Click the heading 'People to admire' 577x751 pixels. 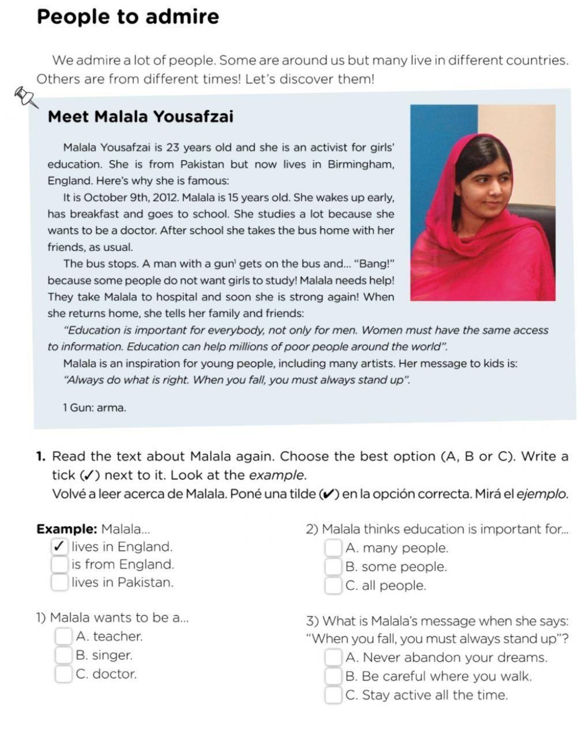[128, 16]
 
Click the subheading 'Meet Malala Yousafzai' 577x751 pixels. [140, 117]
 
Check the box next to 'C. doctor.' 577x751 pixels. [63, 674]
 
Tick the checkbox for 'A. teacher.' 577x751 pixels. [63, 636]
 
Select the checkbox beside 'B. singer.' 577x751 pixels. [63, 655]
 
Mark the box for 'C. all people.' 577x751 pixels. [333, 586]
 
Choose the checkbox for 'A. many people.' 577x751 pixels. [333, 548]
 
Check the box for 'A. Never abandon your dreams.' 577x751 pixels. [333, 658]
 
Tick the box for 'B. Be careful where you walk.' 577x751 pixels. [333, 676]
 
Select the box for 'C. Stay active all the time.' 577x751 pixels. [333, 695]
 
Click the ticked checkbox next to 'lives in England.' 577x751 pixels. [59, 546]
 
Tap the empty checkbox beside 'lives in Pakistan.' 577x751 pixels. [59, 582]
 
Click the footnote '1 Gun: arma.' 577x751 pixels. [94, 407]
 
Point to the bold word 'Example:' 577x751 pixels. [66, 529]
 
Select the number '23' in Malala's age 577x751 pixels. [173, 148]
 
